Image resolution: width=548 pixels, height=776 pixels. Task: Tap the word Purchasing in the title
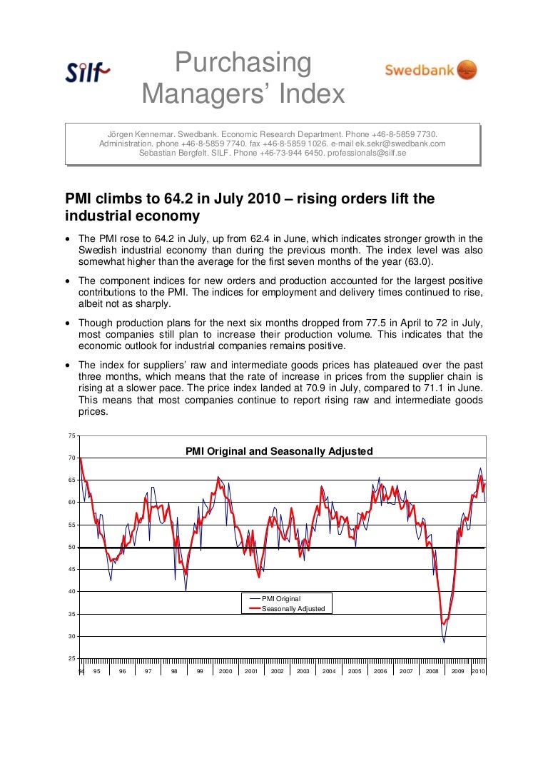(243, 64)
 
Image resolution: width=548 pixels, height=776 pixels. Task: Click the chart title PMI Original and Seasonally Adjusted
(279, 451)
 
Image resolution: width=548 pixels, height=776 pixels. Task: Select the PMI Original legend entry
(281, 598)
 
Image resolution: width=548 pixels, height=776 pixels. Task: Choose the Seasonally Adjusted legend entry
(293, 609)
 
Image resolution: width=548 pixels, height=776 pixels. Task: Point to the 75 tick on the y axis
(72, 435)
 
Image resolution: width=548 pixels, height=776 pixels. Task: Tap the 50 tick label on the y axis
(72, 548)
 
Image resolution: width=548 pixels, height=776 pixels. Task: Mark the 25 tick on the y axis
(72, 657)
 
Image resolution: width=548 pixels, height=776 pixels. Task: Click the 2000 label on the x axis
(225, 672)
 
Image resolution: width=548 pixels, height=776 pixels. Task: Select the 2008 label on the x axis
(432, 672)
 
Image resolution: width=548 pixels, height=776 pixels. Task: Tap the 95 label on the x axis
(96, 672)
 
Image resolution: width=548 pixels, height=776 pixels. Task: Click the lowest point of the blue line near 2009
(444, 643)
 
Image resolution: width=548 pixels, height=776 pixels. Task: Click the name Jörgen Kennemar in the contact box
(141, 133)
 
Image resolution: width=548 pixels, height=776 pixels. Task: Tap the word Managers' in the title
(243, 93)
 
